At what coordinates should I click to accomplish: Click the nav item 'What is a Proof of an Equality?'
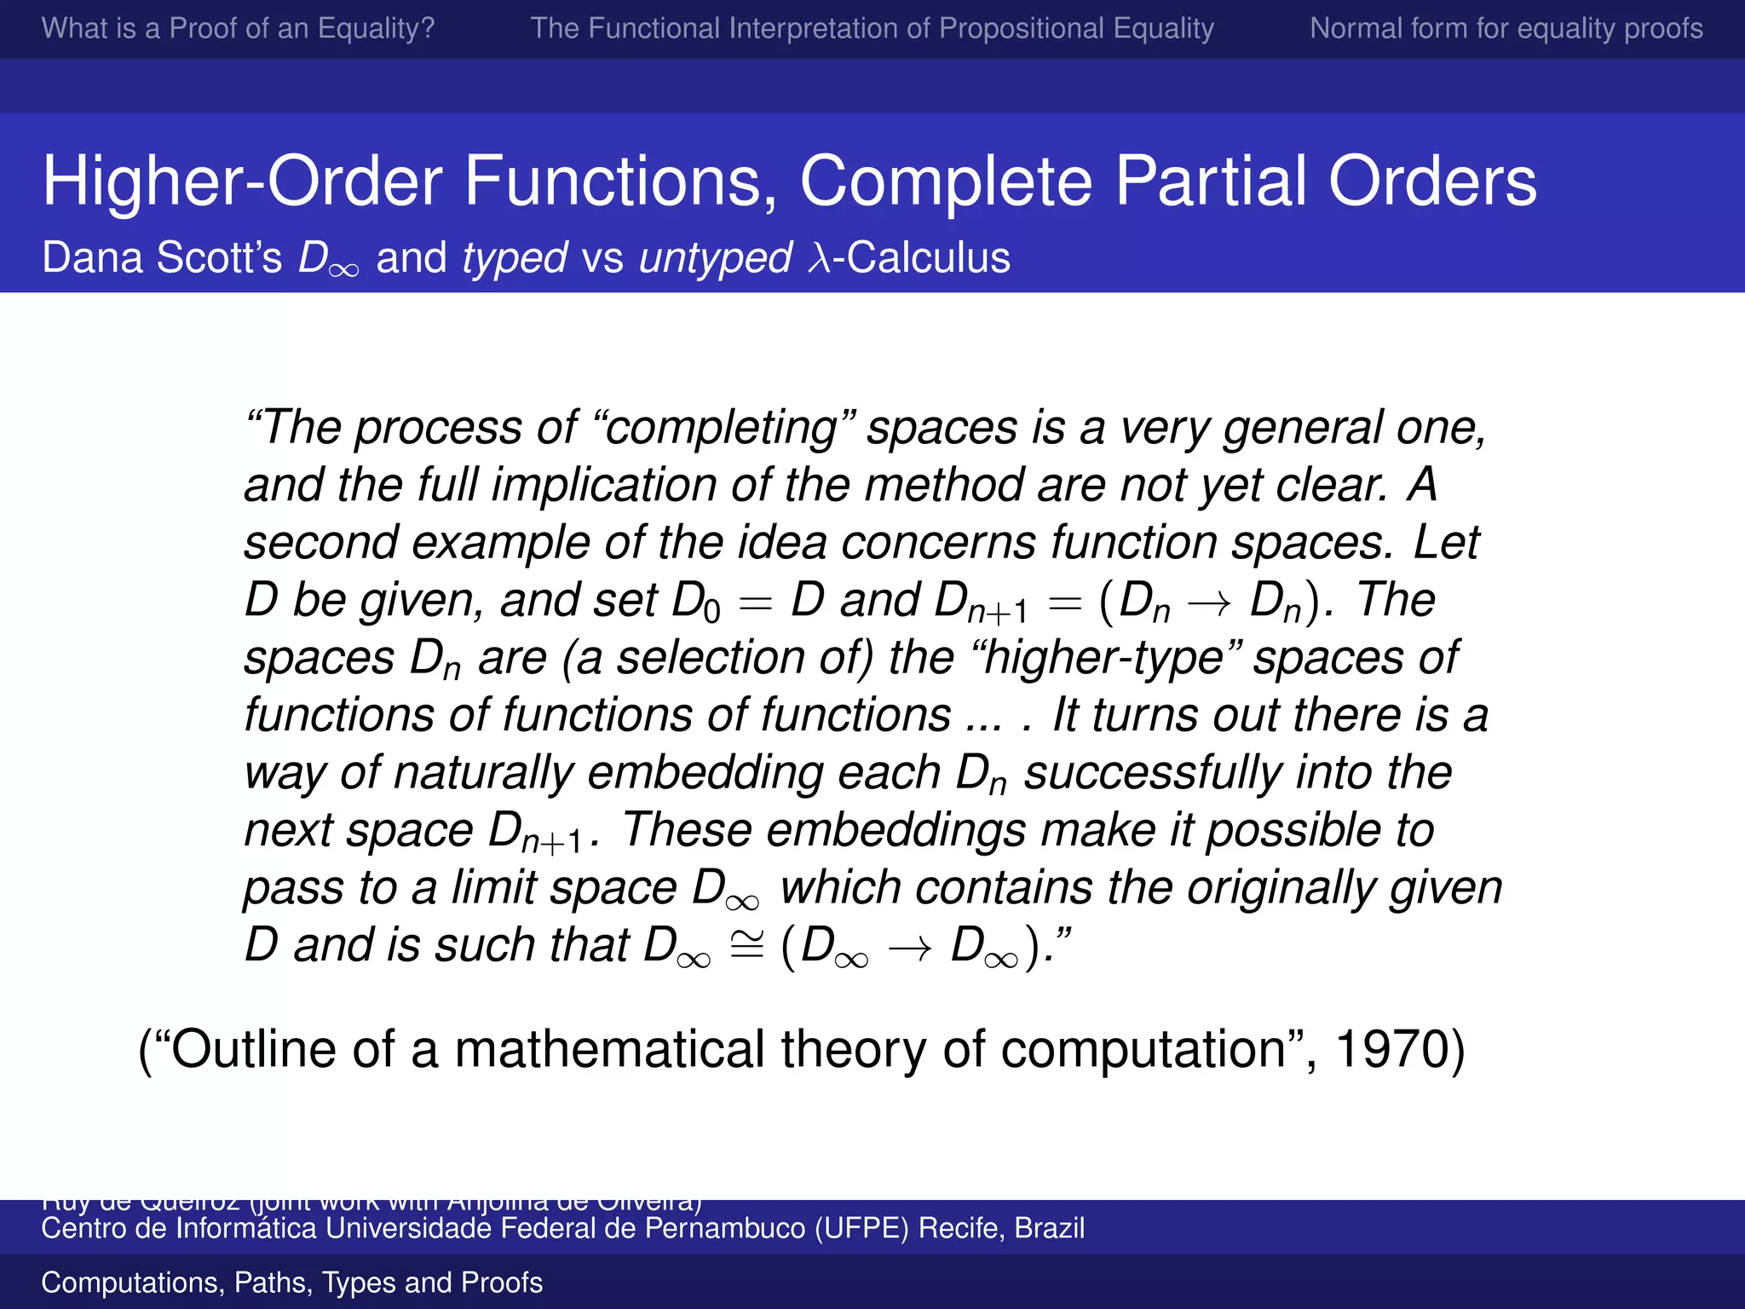(x=238, y=28)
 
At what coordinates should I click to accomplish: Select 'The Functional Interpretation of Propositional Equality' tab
(x=872, y=28)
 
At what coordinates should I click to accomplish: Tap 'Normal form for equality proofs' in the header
(x=1506, y=28)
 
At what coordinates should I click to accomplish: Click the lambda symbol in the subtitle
(x=819, y=257)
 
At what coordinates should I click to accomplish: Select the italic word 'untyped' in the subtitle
(x=716, y=257)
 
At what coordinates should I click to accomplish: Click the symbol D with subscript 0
(x=695, y=602)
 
